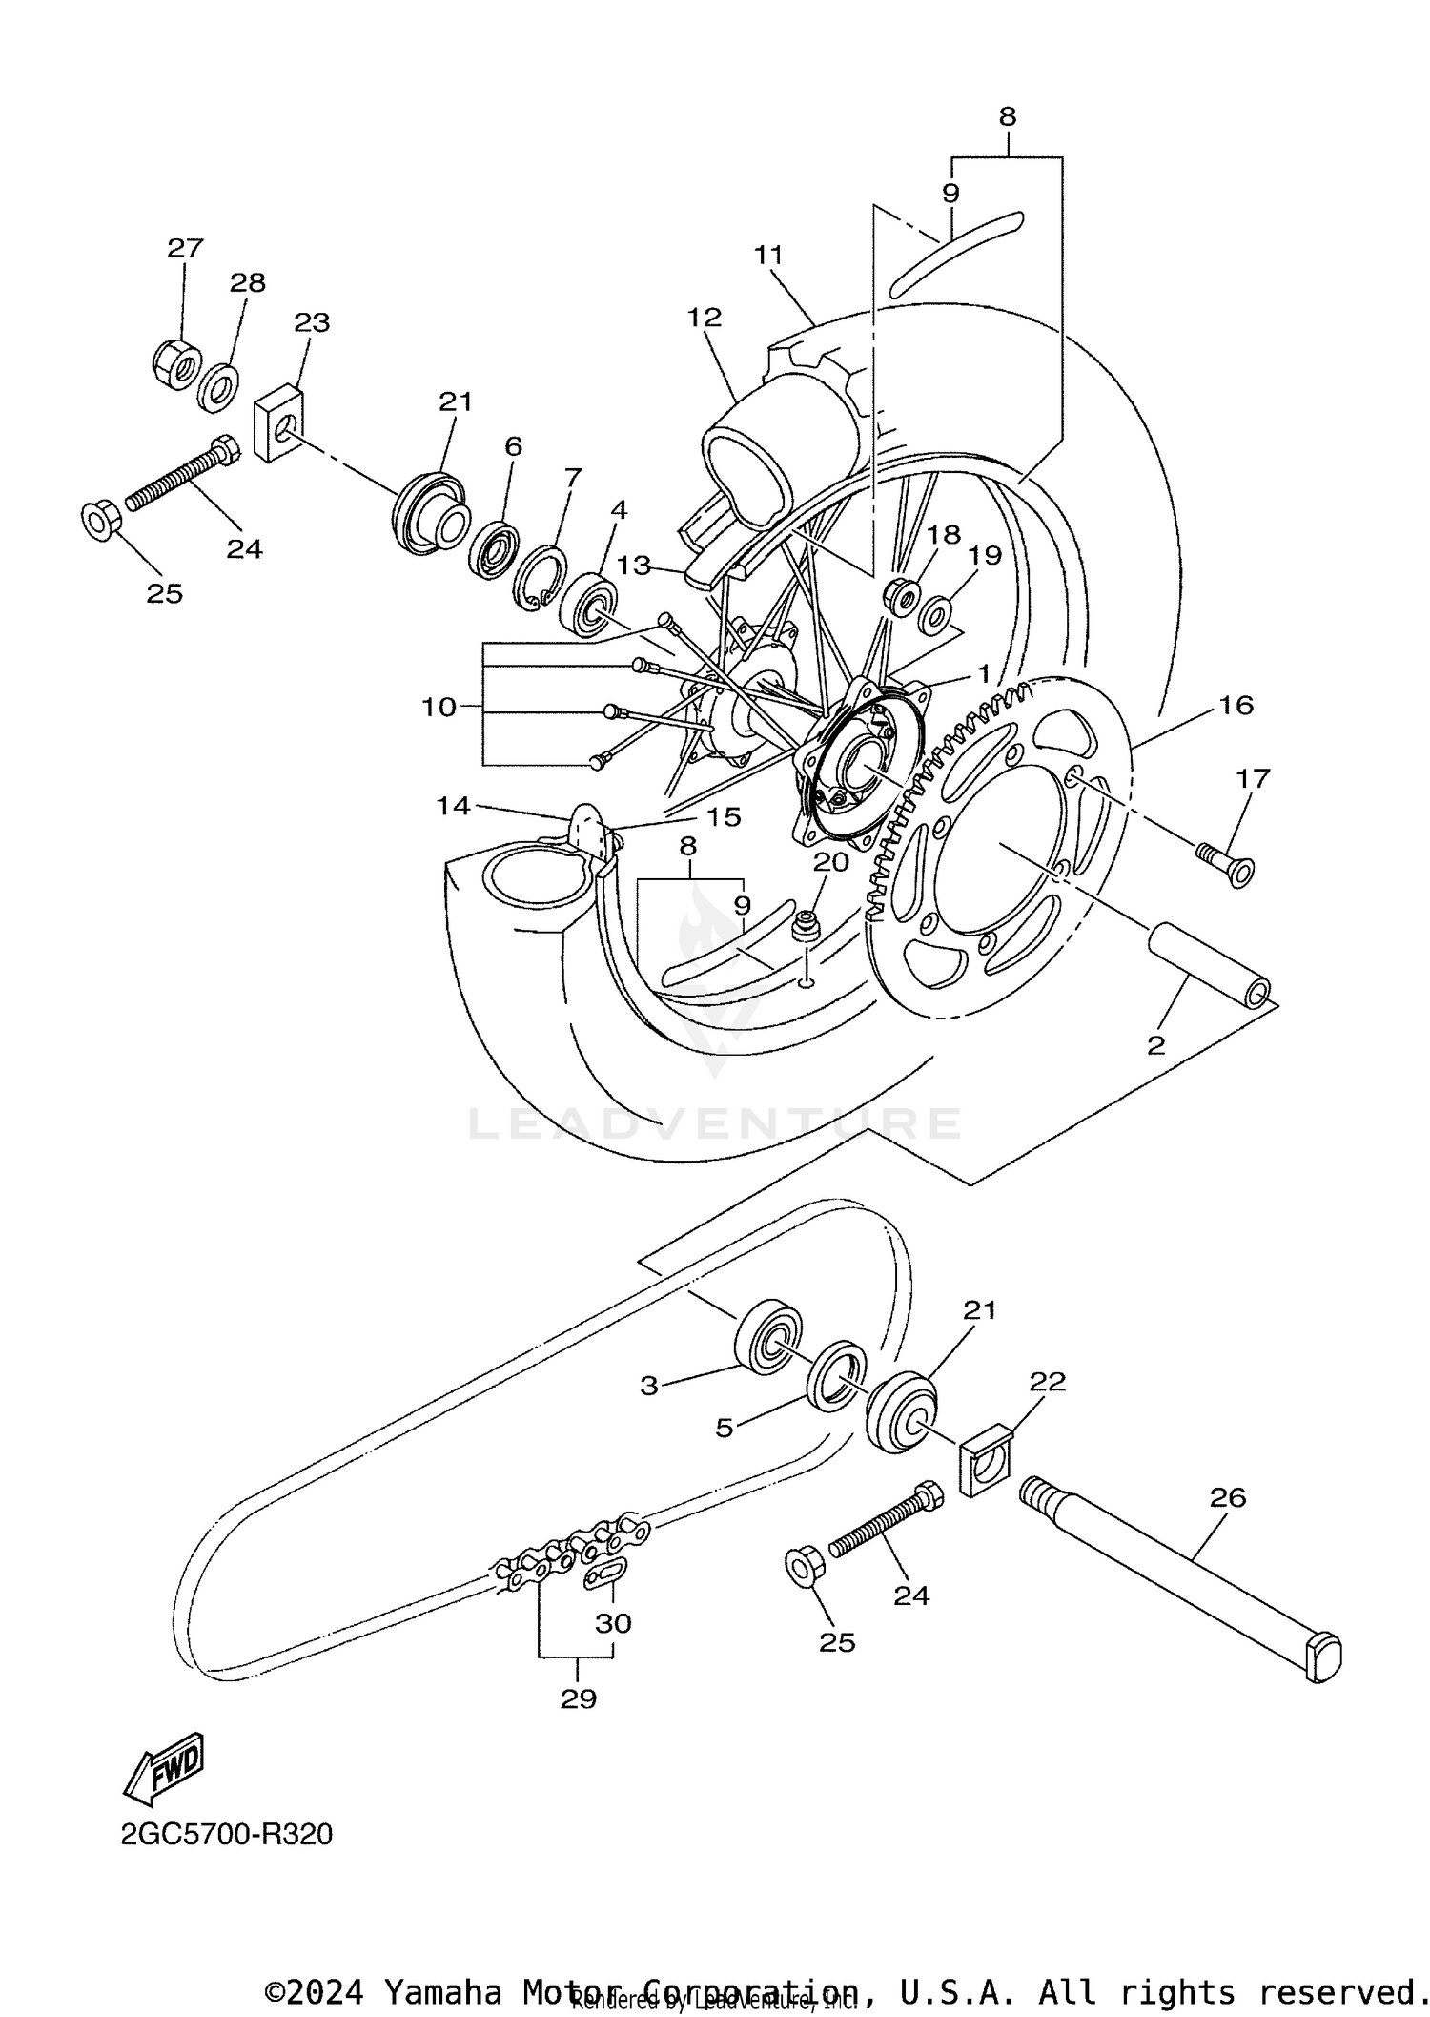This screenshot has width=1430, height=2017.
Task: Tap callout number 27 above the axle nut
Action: click(x=185, y=248)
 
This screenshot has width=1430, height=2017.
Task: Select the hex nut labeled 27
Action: click(x=176, y=362)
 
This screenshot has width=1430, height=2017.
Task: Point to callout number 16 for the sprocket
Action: click(x=1236, y=705)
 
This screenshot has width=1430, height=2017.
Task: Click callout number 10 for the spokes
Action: click(x=439, y=708)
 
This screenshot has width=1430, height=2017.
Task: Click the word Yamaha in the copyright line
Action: click(x=442, y=1992)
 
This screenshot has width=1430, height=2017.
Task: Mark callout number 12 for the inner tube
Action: click(x=705, y=317)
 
